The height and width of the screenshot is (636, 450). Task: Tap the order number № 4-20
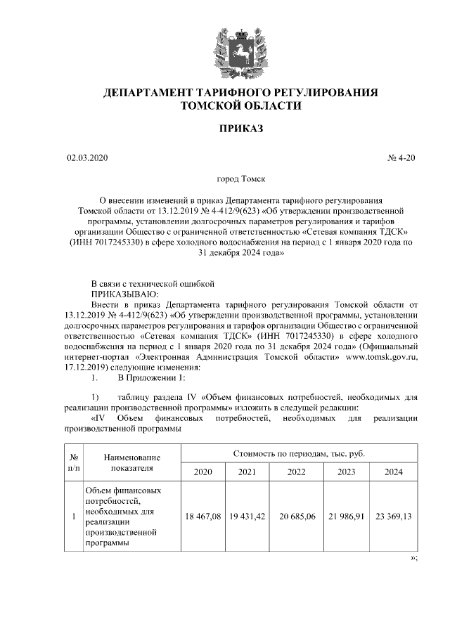click(401, 158)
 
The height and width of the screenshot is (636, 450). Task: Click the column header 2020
click(202, 472)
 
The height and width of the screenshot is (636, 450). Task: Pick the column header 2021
click(247, 472)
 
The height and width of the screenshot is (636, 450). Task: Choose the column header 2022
click(296, 472)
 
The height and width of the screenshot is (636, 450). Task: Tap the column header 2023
click(345, 472)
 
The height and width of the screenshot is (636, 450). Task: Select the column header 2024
click(394, 472)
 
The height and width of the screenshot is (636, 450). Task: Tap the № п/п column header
click(73, 462)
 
